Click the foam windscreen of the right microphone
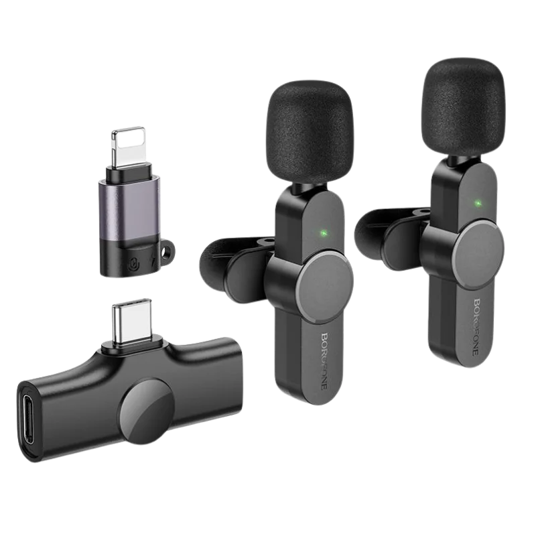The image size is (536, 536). tap(463, 108)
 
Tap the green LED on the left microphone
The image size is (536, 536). tap(323, 234)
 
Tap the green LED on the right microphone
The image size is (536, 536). tap(478, 204)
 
